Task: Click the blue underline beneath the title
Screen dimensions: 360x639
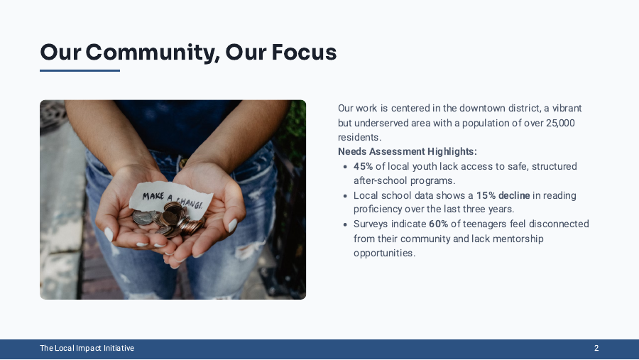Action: click(80, 70)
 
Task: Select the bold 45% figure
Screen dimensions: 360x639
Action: click(363, 166)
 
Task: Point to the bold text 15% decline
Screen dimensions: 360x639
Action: click(503, 195)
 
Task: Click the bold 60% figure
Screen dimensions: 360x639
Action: click(438, 224)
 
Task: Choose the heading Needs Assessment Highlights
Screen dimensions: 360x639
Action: click(408, 151)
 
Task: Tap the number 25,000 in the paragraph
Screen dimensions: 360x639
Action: click(560, 123)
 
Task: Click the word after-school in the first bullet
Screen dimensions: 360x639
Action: click(381, 180)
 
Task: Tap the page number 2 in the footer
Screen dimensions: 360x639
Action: click(596, 349)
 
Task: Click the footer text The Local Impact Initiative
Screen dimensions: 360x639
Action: click(87, 349)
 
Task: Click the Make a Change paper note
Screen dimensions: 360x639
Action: click(170, 198)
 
